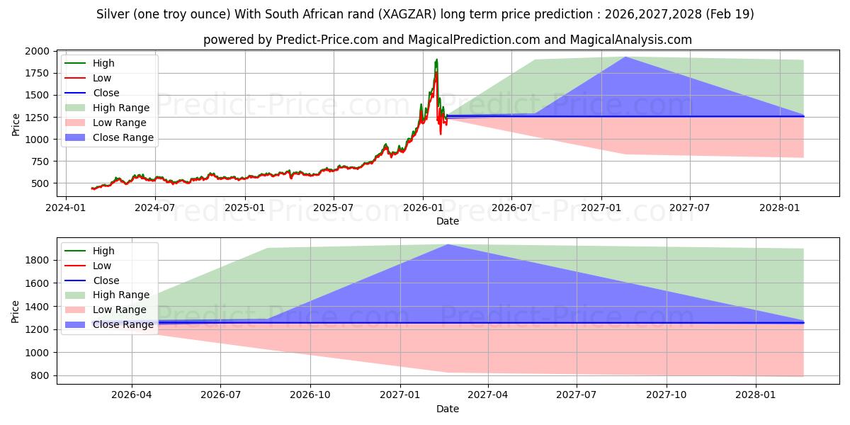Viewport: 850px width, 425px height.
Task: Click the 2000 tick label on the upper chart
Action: tap(37, 51)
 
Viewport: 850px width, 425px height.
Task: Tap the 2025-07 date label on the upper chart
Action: tap(334, 208)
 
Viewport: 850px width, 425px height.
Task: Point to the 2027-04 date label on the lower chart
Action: tap(488, 395)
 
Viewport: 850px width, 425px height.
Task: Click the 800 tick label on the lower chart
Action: tap(41, 375)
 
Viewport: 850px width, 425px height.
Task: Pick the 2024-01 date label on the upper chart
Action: tap(66, 208)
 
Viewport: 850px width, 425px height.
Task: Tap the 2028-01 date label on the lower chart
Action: tap(756, 395)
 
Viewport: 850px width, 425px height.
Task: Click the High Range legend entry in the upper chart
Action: tap(108, 108)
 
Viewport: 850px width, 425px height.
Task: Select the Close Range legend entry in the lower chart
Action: tap(109, 324)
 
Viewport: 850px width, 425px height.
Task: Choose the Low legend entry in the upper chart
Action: tap(88, 78)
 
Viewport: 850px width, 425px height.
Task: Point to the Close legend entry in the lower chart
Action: tap(92, 280)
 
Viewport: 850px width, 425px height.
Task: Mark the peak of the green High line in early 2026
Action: tap(437, 59)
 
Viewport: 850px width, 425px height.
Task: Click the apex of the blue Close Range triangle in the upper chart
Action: tap(625, 57)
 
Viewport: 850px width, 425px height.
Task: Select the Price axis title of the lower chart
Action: tap(15, 312)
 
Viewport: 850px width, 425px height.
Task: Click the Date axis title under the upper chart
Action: tap(448, 221)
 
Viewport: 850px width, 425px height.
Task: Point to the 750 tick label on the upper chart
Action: tap(41, 161)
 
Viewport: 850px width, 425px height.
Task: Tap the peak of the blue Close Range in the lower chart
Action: tap(448, 244)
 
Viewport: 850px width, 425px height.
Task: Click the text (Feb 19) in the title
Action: tap(730, 14)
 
